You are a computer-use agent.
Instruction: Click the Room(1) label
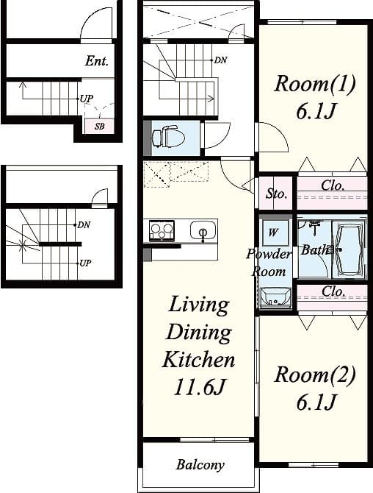(314, 84)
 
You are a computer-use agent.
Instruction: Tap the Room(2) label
(314, 376)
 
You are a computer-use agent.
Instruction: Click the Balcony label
(200, 465)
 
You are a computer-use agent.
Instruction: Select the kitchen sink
(202, 230)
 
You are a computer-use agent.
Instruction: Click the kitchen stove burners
(162, 230)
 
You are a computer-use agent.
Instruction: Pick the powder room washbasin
(276, 298)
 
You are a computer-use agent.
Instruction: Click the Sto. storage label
(276, 194)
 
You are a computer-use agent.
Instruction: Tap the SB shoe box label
(99, 127)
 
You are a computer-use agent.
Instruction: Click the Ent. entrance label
(96, 61)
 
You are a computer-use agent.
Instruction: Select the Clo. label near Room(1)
(333, 186)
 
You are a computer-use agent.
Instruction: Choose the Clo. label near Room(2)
(333, 292)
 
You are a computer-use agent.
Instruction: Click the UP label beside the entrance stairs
(87, 98)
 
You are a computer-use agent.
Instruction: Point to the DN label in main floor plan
(220, 60)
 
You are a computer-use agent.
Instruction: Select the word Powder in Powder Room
(269, 255)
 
